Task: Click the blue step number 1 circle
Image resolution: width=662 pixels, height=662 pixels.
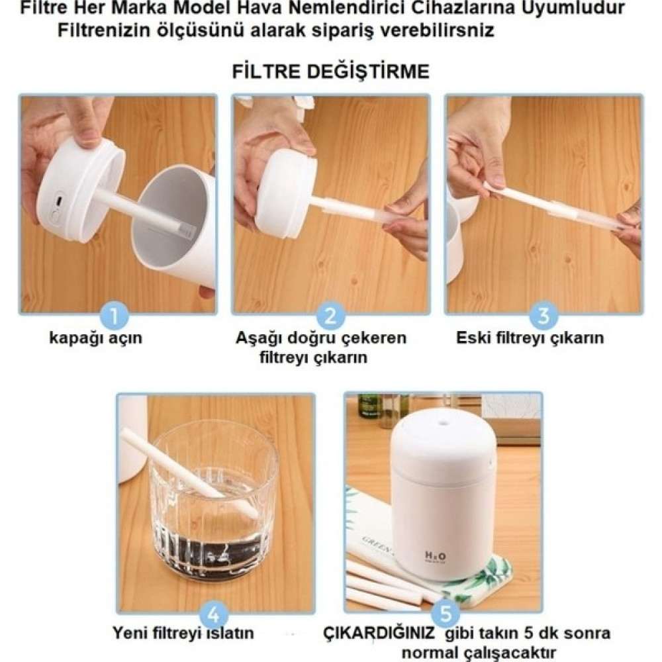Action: coord(115,316)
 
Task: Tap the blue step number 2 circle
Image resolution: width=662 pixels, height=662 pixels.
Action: coord(330,316)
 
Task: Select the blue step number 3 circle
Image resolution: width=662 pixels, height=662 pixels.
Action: coord(544,316)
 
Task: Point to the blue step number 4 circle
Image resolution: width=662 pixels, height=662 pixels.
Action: coord(214,614)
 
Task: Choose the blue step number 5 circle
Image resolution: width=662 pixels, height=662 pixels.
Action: coord(446,614)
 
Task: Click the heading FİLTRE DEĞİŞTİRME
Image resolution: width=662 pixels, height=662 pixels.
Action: coord(330,71)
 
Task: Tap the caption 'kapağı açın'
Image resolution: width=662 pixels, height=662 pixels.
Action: coord(96,338)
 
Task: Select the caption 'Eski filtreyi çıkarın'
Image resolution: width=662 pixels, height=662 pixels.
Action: coord(530,338)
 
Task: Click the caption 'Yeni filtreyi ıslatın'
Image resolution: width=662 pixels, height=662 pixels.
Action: coord(183,633)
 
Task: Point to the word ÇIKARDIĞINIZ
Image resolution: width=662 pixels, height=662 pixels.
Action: coord(379,633)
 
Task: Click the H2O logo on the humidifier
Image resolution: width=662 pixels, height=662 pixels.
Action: coord(434,556)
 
